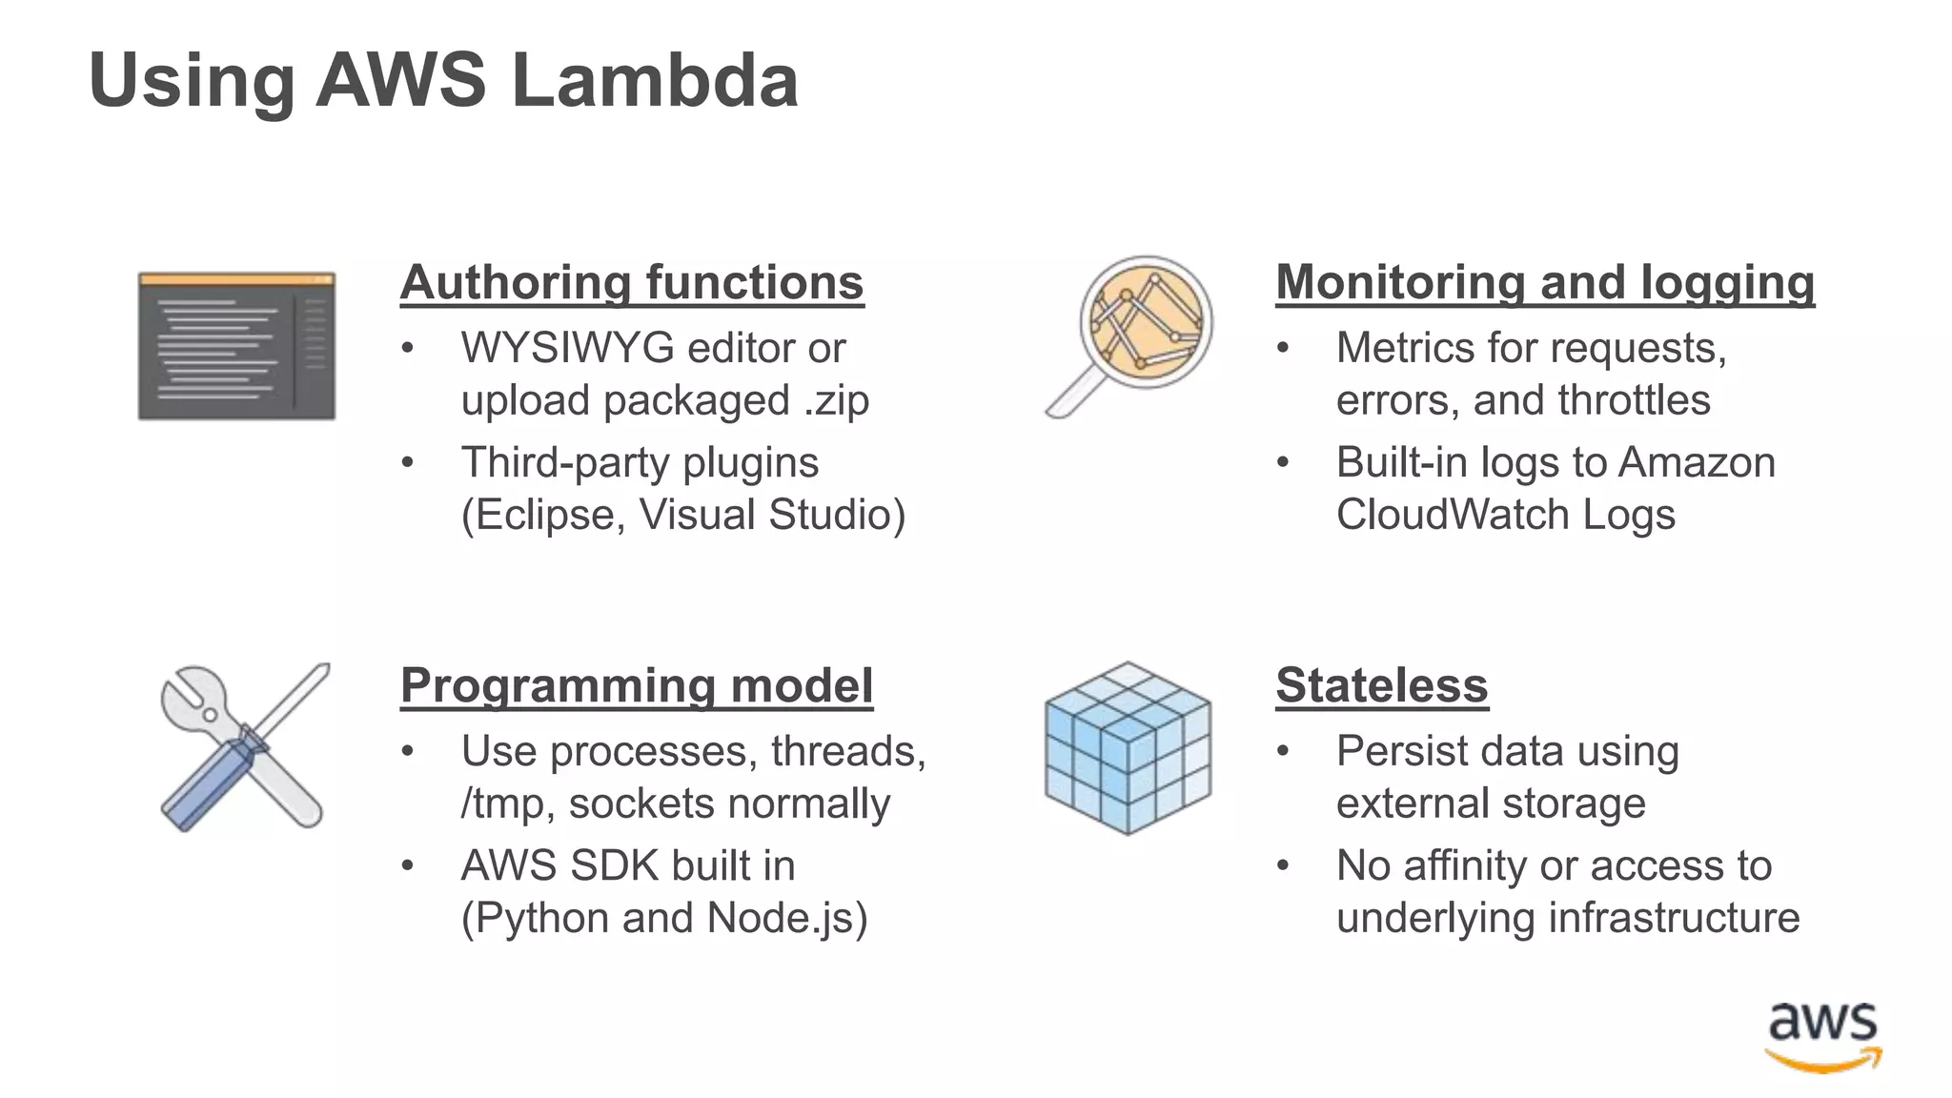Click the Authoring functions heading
[x=631, y=283]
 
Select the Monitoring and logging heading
[x=1544, y=283]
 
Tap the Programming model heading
[x=636, y=686]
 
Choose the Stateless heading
[x=1381, y=686]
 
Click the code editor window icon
[x=236, y=347]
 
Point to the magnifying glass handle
[x=1075, y=395]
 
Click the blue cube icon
[x=1128, y=749]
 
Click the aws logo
[x=1822, y=1037]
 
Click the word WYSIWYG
[x=567, y=349]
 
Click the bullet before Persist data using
[x=1283, y=752]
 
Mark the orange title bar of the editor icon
[x=236, y=279]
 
